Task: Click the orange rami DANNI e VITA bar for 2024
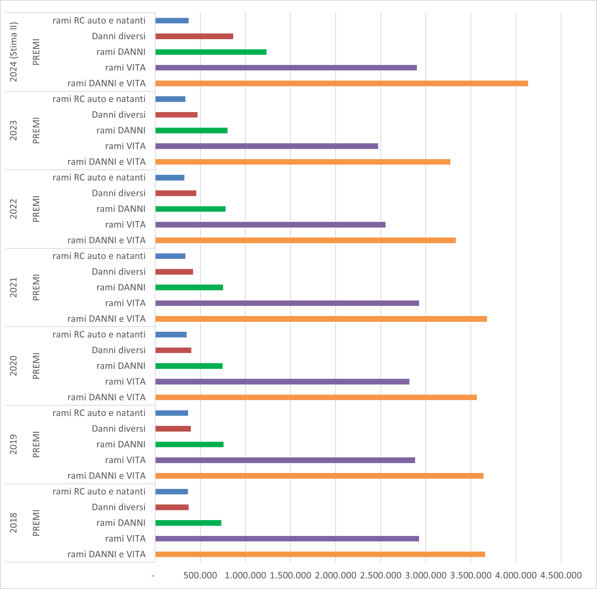341,83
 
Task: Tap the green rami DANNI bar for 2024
211,52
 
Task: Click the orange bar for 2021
321,319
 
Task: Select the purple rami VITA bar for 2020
282,382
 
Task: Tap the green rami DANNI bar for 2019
189,444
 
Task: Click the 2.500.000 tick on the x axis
380,575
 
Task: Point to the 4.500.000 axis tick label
561,575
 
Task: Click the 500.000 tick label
200,575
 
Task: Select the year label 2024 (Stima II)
14,52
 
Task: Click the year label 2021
14,287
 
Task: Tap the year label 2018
14,523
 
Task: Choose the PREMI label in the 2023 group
36,130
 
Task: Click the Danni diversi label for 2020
119,350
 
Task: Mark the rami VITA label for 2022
125,224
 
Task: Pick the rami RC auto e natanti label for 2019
99,413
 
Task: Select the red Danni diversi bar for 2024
194,36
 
